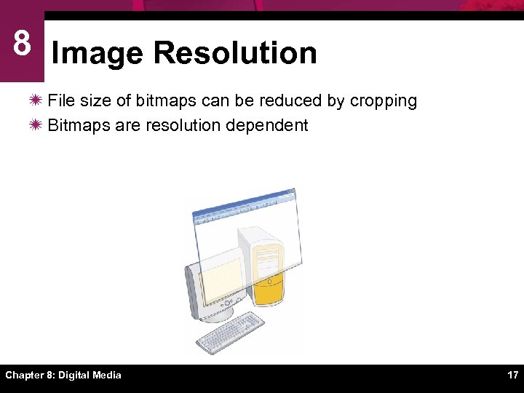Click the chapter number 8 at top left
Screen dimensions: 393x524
[x=22, y=44]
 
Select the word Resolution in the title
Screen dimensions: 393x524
[x=235, y=53]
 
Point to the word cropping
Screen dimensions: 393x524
[x=383, y=101]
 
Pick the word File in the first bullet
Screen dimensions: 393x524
[x=60, y=100]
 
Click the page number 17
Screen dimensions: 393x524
[x=512, y=375]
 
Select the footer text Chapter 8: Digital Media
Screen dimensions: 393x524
[x=63, y=375]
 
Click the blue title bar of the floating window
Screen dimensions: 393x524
[x=244, y=203]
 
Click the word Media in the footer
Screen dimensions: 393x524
[x=106, y=375]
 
